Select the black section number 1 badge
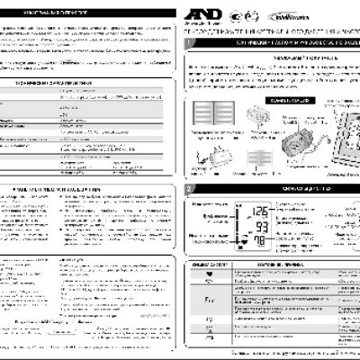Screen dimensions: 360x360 tap(188, 42)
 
